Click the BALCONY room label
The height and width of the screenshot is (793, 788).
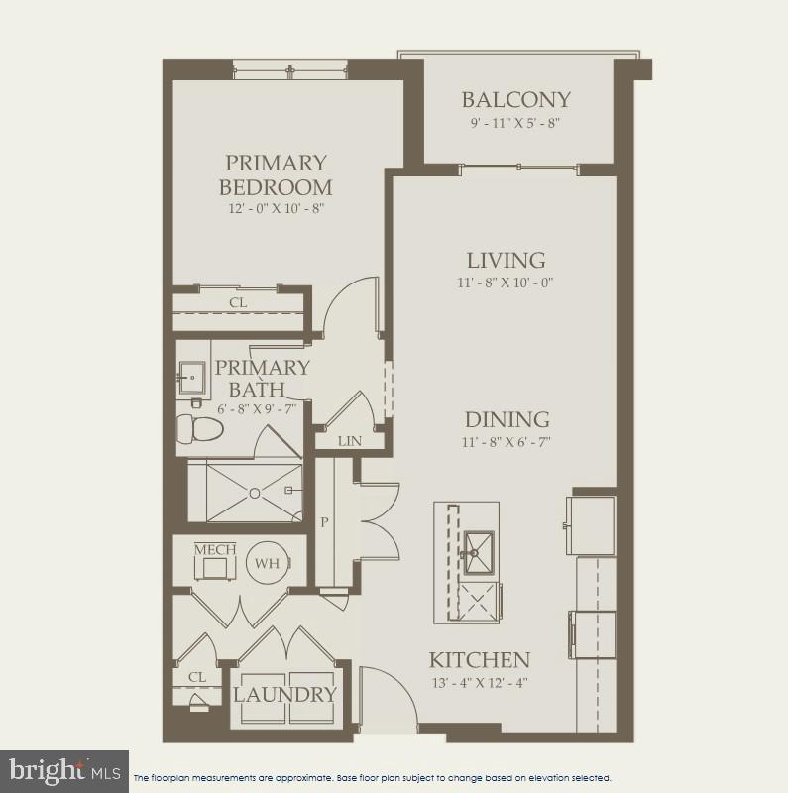[516, 99]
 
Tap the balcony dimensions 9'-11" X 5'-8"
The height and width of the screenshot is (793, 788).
[516, 124]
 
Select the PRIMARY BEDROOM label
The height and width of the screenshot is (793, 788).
[276, 174]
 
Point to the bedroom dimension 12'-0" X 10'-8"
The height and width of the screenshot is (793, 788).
[276, 209]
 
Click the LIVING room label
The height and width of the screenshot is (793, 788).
[507, 260]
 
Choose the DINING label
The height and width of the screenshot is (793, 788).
[507, 419]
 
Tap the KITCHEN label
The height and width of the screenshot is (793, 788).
[479, 659]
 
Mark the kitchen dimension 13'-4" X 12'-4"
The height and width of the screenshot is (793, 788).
[479, 683]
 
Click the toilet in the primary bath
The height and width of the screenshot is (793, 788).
[196, 428]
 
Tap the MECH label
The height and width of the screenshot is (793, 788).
[213, 549]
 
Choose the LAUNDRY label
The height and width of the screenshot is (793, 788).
[284, 694]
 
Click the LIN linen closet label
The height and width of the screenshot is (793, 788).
[349, 441]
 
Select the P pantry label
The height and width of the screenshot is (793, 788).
[324, 522]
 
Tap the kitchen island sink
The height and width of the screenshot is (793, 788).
[478, 546]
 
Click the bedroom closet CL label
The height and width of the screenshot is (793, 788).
[238, 302]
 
